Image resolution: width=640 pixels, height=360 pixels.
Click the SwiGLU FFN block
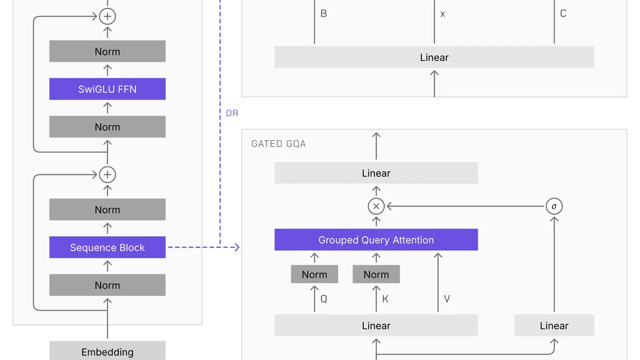(x=107, y=89)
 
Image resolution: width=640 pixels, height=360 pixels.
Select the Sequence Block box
(x=107, y=247)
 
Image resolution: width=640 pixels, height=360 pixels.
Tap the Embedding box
(x=107, y=350)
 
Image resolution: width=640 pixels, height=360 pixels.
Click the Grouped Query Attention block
(x=376, y=239)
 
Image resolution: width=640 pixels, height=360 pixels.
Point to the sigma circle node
(x=554, y=206)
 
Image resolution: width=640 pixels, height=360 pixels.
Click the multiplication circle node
(x=376, y=206)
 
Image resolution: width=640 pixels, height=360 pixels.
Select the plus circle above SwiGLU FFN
(x=107, y=17)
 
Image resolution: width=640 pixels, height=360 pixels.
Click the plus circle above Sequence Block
(x=107, y=174)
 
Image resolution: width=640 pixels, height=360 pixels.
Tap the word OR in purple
(x=232, y=113)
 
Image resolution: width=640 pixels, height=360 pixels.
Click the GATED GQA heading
(x=278, y=143)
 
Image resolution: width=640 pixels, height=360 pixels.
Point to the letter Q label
(x=324, y=299)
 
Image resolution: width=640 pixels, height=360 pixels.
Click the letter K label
(x=385, y=299)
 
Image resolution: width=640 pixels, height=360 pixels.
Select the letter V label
(x=447, y=299)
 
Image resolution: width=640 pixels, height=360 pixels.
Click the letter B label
(x=323, y=13)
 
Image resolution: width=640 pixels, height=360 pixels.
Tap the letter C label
(x=563, y=13)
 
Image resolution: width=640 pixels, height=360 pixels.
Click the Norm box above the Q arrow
(x=314, y=274)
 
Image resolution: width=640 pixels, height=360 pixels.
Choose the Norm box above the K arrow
(x=376, y=274)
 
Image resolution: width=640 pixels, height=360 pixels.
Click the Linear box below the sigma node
(x=554, y=325)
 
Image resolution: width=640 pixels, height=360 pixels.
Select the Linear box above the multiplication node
(x=376, y=173)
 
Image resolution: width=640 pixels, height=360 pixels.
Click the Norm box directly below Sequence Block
(x=107, y=285)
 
